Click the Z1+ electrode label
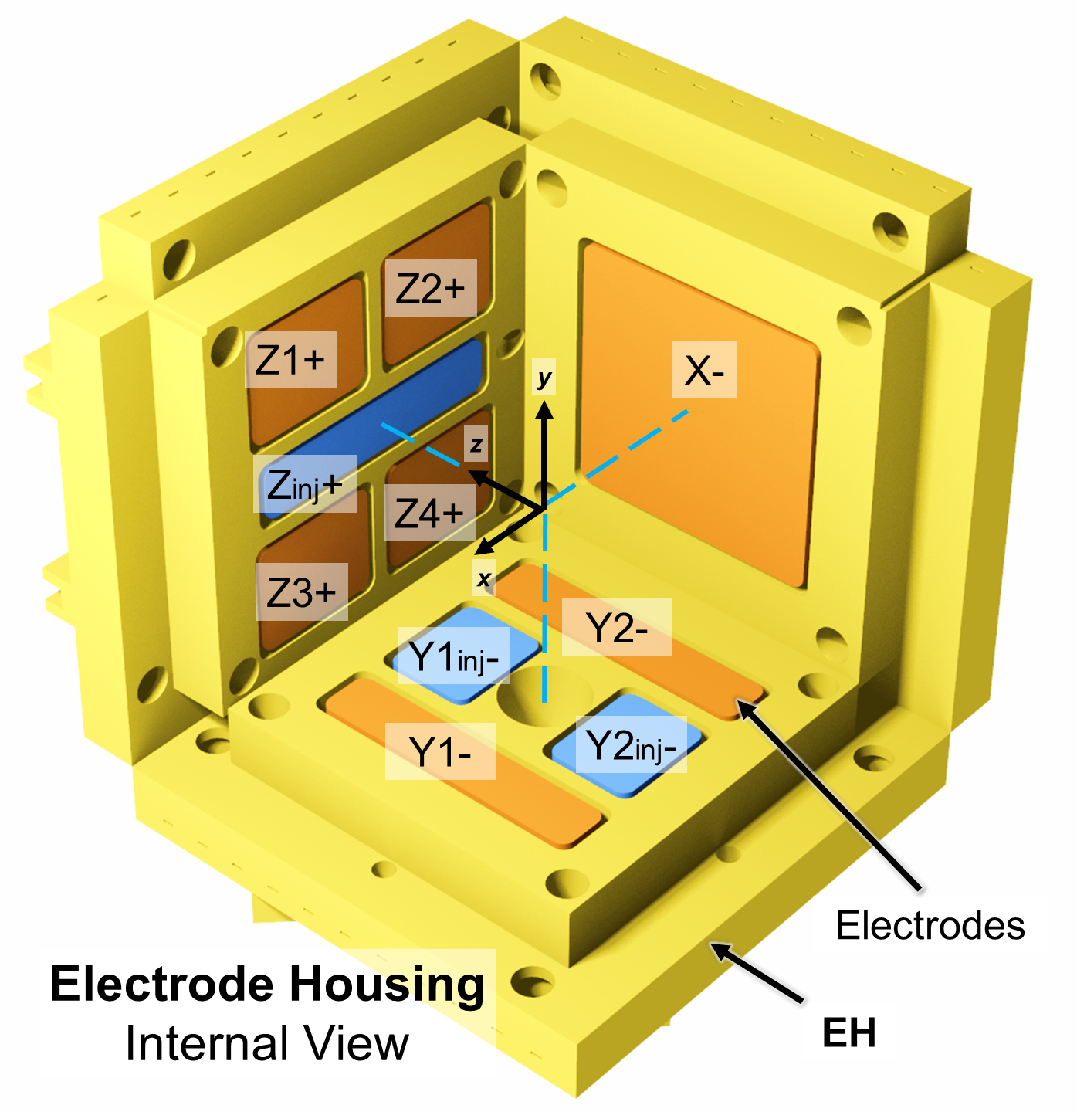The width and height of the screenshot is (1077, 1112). (290, 359)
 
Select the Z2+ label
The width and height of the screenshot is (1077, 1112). (430, 288)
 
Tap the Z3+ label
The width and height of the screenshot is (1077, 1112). (301, 592)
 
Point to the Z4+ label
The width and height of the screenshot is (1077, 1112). (429, 513)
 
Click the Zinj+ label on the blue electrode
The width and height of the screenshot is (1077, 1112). (305, 485)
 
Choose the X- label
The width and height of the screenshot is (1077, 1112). (704, 371)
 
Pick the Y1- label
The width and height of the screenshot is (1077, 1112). (440, 751)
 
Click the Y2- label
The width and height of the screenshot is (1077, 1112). (616, 628)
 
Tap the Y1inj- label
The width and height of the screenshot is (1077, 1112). (454, 656)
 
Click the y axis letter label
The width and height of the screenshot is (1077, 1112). (545, 378)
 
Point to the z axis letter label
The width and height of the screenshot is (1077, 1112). (476, 445)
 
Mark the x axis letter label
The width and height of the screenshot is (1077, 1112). (484, 578)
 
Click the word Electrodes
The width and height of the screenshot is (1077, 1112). (930, 925)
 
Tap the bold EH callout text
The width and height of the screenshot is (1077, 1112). (849, 1033)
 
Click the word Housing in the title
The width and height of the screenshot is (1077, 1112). (387, 985)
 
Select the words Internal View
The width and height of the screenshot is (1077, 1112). (267, 1044)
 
